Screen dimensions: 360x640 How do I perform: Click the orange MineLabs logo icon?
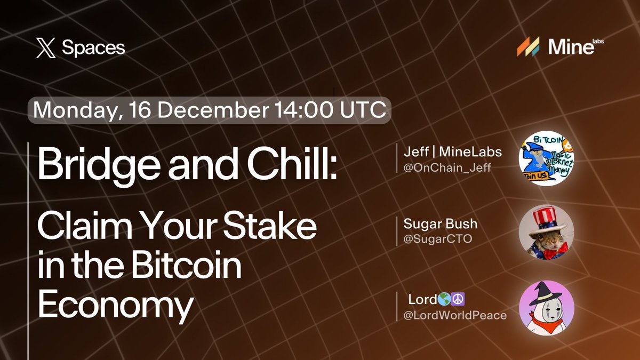(x=529, y=47)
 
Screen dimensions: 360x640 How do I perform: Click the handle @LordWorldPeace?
(x=455, y=315)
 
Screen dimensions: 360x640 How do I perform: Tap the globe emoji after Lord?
(x=438, y=299)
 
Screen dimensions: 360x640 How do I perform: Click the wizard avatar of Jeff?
(x=546, y=158)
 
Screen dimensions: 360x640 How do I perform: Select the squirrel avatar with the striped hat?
(x=546, y=233)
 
